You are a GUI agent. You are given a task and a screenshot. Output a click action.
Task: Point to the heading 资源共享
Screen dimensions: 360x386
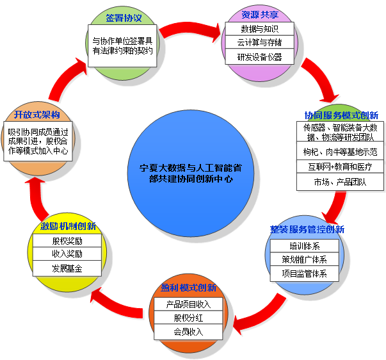(x=259, y=15)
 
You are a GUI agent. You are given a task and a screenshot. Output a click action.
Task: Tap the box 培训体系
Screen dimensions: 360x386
(x=304, y=246)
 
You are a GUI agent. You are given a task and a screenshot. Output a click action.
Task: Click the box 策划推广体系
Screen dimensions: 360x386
(x=304, y=259)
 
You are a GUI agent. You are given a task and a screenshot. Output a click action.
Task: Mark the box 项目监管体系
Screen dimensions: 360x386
(x=304, y=274)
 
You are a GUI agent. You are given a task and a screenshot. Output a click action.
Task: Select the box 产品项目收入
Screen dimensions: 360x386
(x=188, y=304)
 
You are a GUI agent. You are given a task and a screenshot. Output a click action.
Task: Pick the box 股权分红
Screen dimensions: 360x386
(x=188, y=318)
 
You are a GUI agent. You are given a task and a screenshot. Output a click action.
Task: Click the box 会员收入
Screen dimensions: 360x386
(x=188, y=332)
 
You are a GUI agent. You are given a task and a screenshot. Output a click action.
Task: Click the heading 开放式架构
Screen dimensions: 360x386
(x=36, y=115)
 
